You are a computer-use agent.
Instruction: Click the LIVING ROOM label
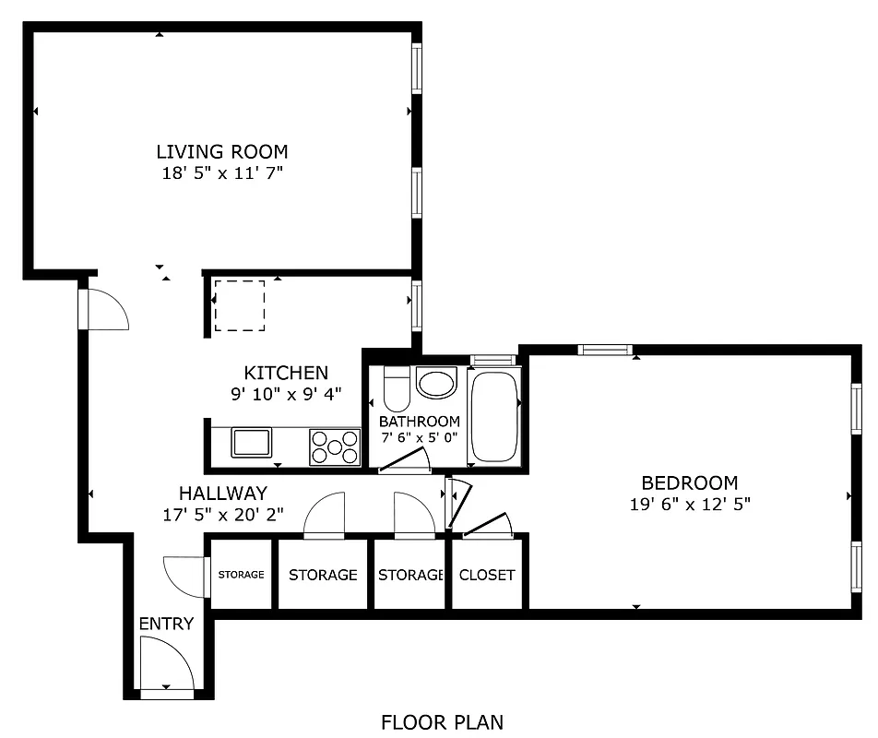(221, 152)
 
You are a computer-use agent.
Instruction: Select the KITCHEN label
(285, 373)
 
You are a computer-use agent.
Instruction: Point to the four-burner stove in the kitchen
(335, 446)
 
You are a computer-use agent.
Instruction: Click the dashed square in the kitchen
(240, 305)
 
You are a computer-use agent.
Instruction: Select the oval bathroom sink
(436, 382)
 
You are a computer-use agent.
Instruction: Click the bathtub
(495, 414)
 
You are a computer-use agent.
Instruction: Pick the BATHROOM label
(420, 422)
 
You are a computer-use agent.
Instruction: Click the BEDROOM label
(689, 482)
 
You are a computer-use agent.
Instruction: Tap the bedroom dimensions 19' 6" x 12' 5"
(689, 505)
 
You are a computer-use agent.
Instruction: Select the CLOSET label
(487, 575)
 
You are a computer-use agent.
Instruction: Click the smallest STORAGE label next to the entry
(241, 575)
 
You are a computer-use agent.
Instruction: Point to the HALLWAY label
(222, 493)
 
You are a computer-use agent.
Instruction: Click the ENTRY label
(166, 624)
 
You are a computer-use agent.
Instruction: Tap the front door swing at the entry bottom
(166, 666)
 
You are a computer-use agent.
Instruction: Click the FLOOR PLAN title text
(442, 721)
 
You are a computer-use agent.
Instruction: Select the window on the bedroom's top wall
(605, 350)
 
